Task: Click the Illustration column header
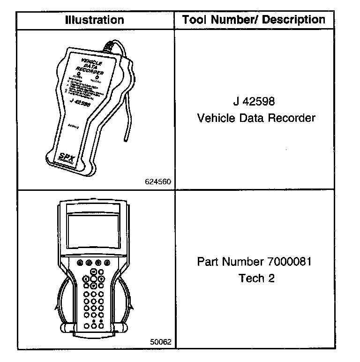pos(95,20)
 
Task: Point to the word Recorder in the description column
pos(292,118)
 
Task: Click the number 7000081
pos(292,261)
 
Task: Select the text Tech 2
pos(256,278)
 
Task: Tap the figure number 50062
pos(160,342)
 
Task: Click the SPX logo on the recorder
pos(68,157)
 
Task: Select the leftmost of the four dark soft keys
pos(79,262)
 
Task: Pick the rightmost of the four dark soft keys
pos(107,262)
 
